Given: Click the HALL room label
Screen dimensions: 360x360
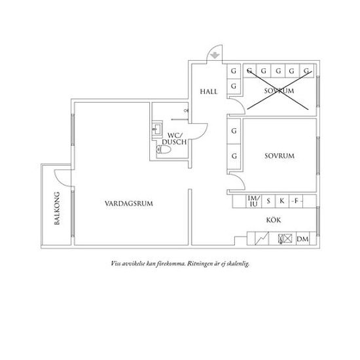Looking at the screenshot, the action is point(208,92).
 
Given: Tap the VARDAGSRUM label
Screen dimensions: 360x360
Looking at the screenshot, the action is point(129,204).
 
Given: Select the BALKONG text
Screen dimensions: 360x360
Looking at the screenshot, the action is point(57,208).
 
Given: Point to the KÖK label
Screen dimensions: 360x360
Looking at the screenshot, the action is point(274,220).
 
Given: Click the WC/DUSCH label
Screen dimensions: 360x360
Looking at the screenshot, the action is point(174,139).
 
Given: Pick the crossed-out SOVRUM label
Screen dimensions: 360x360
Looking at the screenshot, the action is point(279,91).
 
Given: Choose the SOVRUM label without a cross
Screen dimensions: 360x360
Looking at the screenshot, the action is point(279,156).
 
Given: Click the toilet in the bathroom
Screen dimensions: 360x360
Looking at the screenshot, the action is point(164,150).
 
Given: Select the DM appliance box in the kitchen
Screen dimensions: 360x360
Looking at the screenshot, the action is point(303,239).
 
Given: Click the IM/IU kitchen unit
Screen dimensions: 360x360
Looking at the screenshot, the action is point(254,202).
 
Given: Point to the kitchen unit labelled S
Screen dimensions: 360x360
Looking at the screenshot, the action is point(268,202).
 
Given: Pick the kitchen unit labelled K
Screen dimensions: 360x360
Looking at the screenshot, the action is point(282,202).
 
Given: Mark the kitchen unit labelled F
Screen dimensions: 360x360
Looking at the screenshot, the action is point(296,202).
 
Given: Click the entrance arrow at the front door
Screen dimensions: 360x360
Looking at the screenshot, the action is point(215,56).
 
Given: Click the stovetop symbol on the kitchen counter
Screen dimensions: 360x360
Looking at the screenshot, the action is point(285,239).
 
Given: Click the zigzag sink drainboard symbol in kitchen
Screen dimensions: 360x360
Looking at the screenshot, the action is point(262,239).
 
